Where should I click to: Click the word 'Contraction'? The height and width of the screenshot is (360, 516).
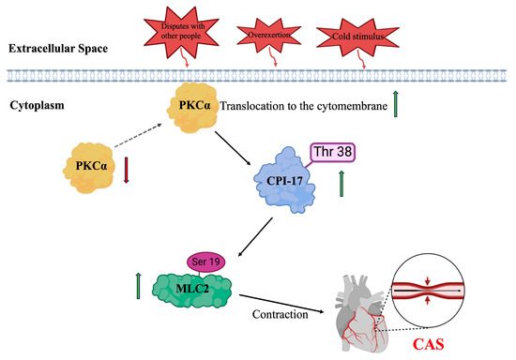pos(279,315)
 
